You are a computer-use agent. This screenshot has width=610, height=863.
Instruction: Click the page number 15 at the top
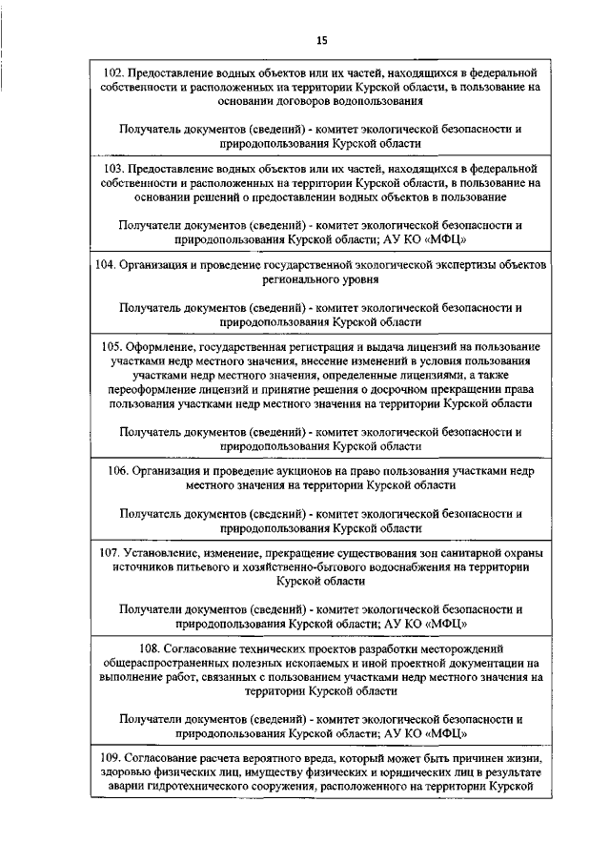click(x=321, y=40)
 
